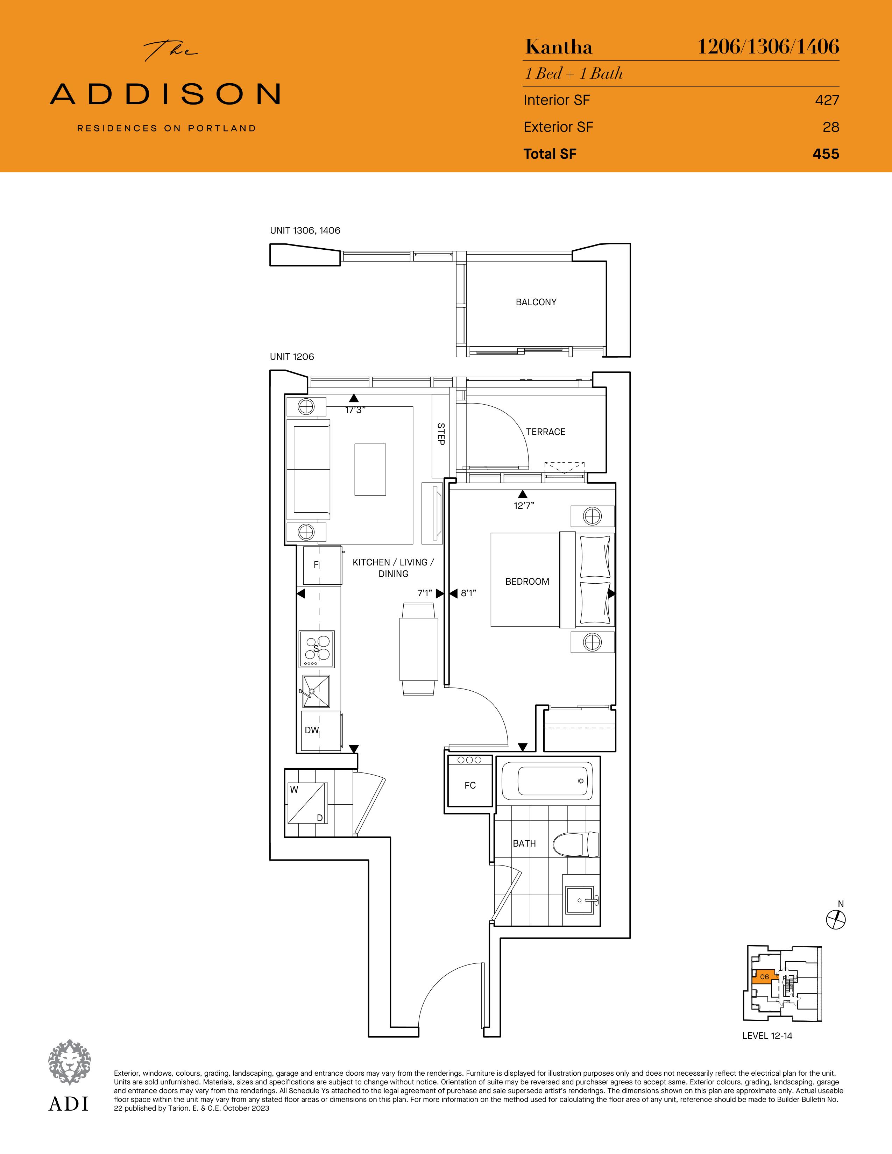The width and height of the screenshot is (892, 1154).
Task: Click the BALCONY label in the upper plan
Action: click(x=536, y=302)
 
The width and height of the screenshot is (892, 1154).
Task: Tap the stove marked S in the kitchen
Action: click(x=317, y=648)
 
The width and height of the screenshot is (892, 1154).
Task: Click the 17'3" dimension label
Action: click(x=355, y=410)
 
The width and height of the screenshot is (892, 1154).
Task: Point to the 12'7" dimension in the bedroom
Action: click(x=524, y=506)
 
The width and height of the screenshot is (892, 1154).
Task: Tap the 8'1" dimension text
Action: click(x=468, y=593)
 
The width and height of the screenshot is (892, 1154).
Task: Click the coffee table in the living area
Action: click(x=370, y=469)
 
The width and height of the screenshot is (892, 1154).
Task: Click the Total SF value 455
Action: click(x=826, y=154)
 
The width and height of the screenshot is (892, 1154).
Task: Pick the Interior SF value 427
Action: click(x=827, y=100)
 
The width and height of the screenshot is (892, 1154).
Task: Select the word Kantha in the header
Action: click(x=559, y=48)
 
